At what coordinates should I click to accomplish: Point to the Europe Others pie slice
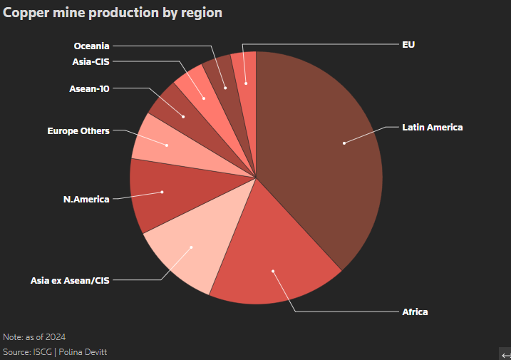click(160, 143)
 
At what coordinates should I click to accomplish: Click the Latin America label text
click(433, 128)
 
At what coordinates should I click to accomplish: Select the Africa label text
click(415, 312)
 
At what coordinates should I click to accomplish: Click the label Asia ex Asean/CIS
click(70, 280)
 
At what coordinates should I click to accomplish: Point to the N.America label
click(86, 199)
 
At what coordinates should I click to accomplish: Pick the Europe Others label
click(78, 131)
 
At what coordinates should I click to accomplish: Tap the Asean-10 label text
click(89, 89)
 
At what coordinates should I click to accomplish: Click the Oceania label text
click(92, 46)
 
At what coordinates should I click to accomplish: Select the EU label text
click(408, 44)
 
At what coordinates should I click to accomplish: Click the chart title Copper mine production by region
click(113, 13)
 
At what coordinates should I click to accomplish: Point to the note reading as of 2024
click(36, 336)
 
